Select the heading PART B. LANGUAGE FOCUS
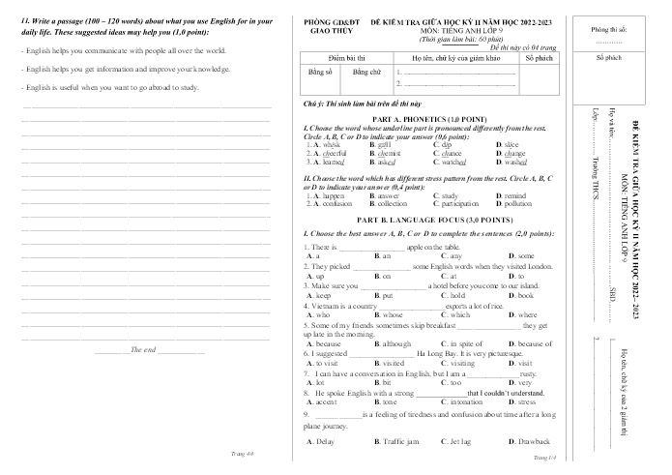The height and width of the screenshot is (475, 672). click(427, 221)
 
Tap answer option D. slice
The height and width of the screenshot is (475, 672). click(510, 144)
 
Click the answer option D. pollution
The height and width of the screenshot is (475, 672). click(512, 204)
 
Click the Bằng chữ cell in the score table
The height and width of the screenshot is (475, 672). click(368, 73)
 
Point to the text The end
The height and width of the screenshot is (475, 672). click(143, 349)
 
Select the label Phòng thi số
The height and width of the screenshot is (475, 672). click(609, 30)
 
